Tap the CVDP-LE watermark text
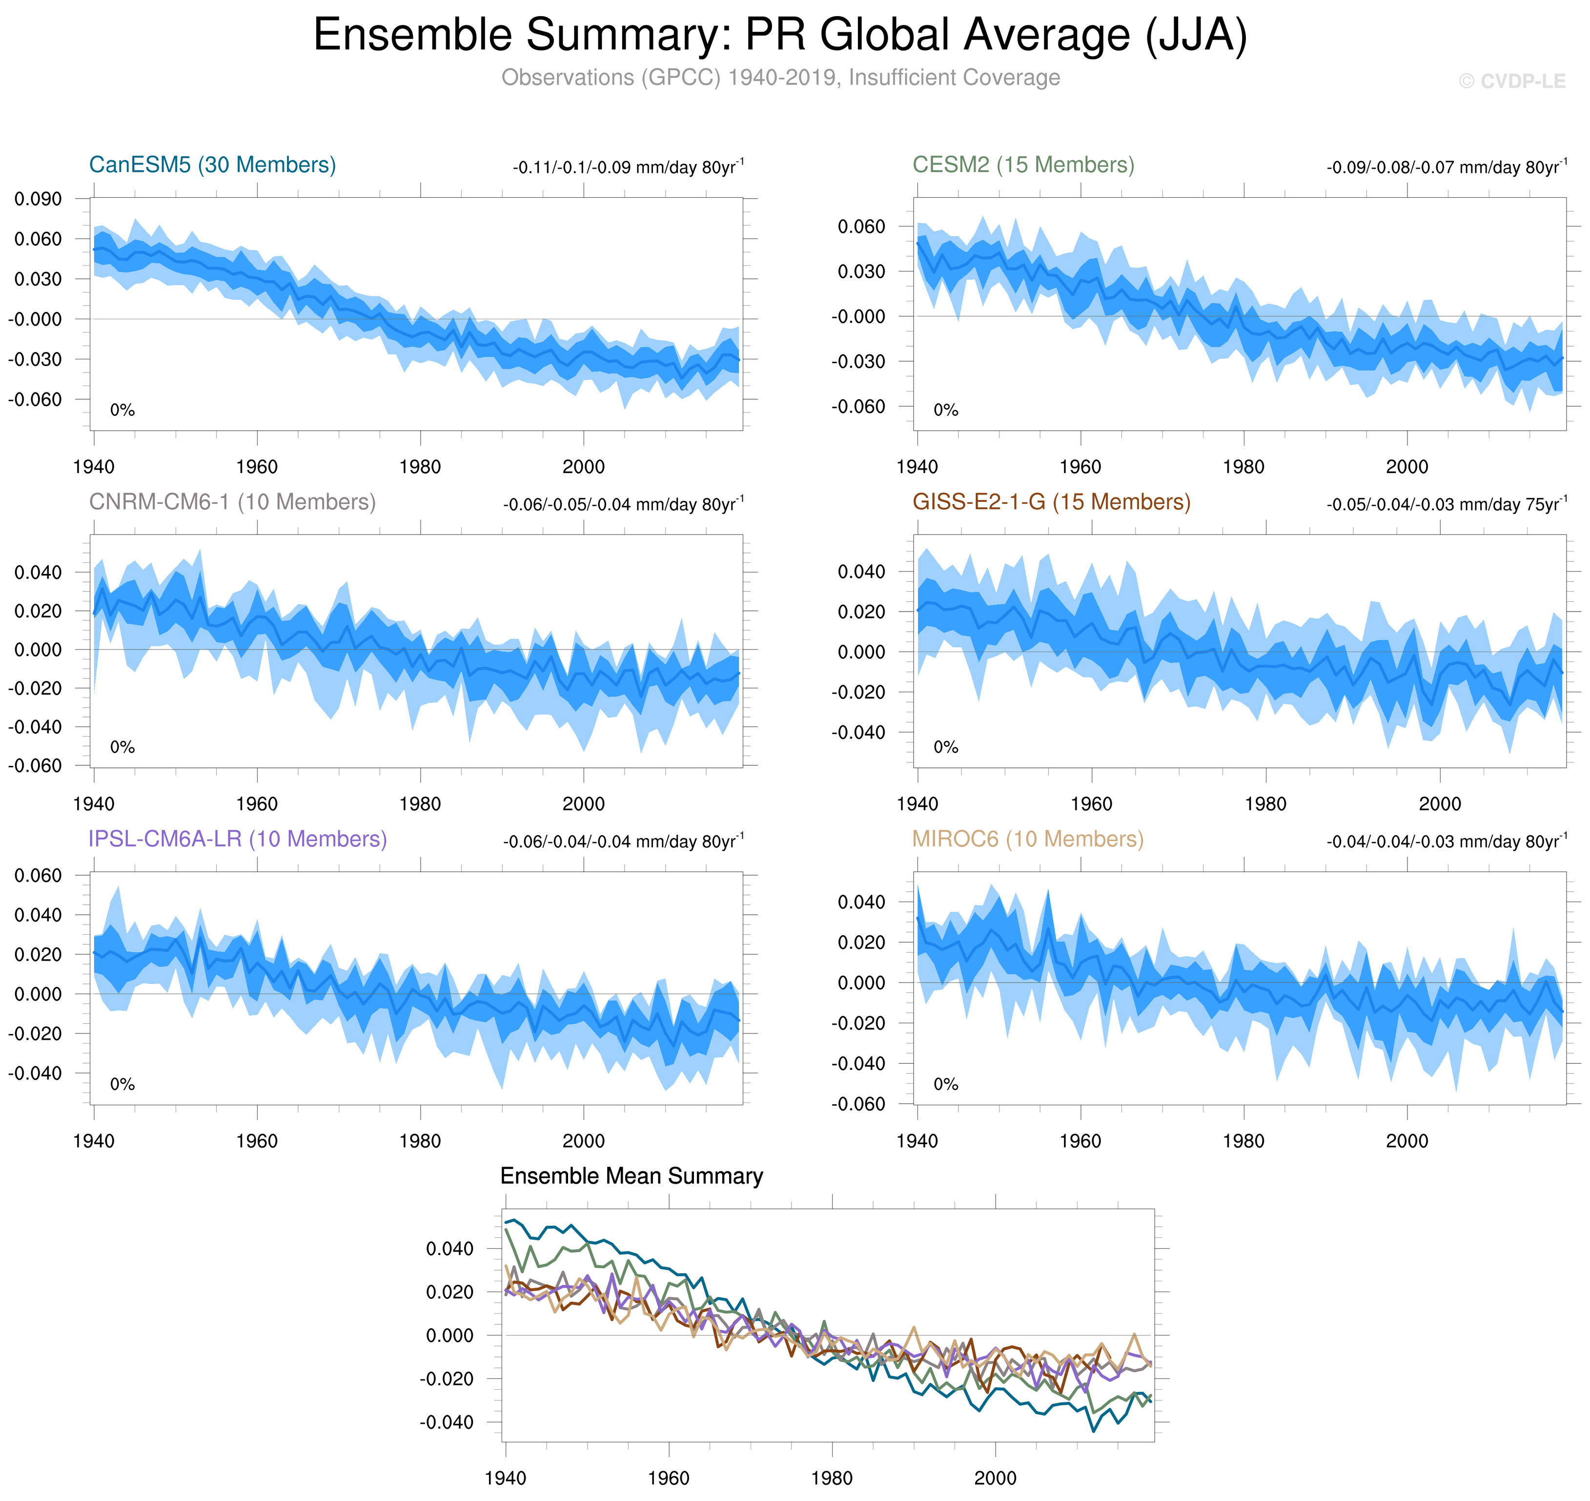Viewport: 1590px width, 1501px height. click(x=1511, y=82)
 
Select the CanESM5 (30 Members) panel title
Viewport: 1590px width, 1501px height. click(x=212, y=165)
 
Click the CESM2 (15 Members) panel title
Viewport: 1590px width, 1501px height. click(x=1023, y=165)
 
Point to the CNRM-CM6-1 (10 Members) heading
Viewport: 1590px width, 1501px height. click(x=232, y=502)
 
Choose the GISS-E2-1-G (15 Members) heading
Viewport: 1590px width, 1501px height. click(x=1051, y=502)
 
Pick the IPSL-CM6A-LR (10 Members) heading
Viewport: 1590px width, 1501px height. click(x=238, y=839)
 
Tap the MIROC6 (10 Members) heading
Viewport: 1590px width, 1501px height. click(x=1028, y=839)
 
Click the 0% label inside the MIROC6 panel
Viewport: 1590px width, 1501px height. click(x=945, y=1084)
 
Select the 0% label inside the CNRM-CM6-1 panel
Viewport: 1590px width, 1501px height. click(x=122, y=747)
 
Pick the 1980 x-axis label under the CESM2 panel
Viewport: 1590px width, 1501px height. click(x=1243, y=467)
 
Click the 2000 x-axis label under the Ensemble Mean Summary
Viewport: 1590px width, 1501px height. click(x=995, y=1478)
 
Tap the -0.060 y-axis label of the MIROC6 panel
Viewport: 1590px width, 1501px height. click(x=858, y=1104)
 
